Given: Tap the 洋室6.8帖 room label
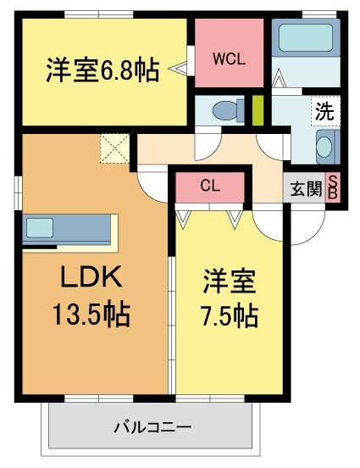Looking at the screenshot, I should [102, 70].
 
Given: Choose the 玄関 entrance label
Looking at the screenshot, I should [306, 188].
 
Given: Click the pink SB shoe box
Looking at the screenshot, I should [333, 188].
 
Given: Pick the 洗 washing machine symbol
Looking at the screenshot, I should [324, 111].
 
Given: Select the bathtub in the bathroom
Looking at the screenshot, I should [306, 38].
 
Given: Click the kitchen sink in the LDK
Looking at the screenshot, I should [40, 227].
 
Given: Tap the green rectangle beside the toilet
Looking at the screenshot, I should [258, 110].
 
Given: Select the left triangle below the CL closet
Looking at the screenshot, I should [183, 218].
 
